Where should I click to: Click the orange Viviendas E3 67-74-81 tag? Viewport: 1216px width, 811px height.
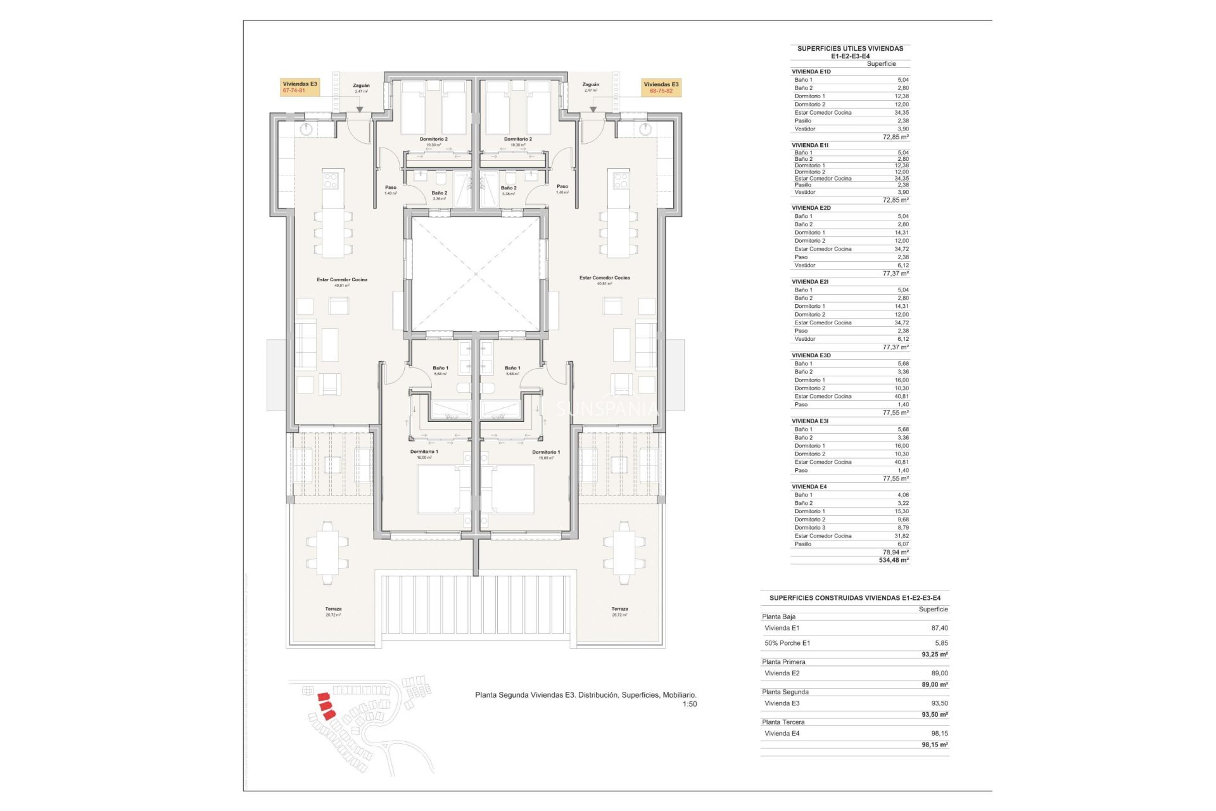point(300,87)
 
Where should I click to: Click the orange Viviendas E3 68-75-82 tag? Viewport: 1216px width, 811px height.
point(661,87)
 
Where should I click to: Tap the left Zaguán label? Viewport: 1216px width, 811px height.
point(361,86)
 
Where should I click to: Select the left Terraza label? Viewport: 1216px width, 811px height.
point(333,610)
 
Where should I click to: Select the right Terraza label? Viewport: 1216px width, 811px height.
point(619,610)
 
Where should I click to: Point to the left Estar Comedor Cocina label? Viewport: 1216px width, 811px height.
point(342,279)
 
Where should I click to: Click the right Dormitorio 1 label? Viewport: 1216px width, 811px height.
point(546,452)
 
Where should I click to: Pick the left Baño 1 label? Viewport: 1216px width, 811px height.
point(440,368)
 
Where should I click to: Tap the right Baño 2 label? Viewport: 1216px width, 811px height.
point(509,188)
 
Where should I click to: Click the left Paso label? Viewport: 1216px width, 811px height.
point(391,188)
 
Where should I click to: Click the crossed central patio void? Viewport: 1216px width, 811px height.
point(476,274)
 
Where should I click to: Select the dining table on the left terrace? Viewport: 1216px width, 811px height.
point(327,552)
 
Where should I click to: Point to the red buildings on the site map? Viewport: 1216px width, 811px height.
point(326,705)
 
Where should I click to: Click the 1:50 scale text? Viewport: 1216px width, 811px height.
point(689,705)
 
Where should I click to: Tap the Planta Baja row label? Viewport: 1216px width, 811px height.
point(778,616)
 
